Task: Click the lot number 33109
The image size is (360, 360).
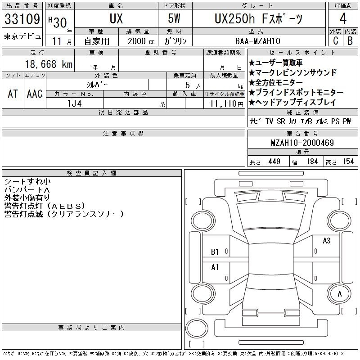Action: pyautogui.click(x=22, y=19)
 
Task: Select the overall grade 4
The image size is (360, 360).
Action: pyautogui.click(x=343, y=18)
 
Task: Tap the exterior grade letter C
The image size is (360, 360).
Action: pyautogui.click(x=335, y=40)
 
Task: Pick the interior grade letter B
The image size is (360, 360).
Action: pyautogui.click(x=350, y=40)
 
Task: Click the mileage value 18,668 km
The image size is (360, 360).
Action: pyautogui.click(x=49, y=64)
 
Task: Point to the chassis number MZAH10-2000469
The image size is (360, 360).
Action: pyautogui.click(x=302, y=143)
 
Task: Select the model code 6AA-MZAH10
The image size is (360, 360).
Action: pyautogui.click(x=258, y=41)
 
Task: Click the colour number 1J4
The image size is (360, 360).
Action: pyautogui.click(x=74, y=103)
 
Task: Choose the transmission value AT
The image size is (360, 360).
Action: pyautogui.click(x=13, y=94)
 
